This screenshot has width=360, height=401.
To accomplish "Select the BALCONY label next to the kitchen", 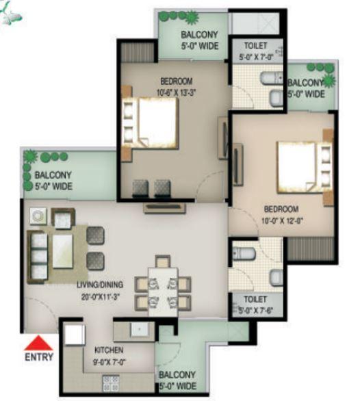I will coord(177,375).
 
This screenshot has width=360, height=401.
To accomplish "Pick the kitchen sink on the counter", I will coord(141,329).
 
